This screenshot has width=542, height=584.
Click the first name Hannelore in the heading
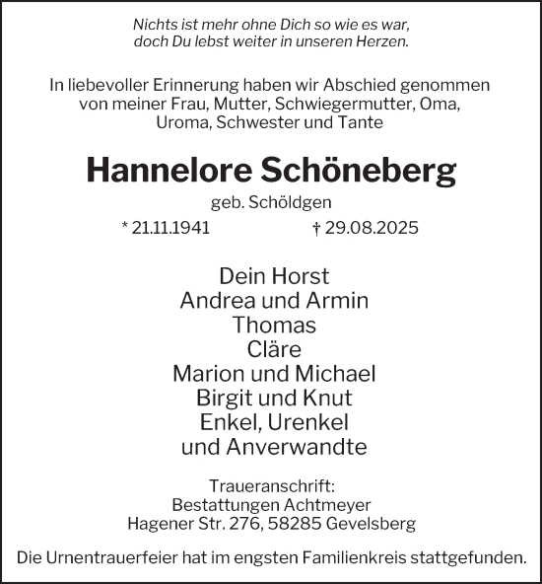pyautogui.click(x=167, y=171)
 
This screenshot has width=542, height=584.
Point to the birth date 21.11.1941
pyautogui.click(x=170, y=228)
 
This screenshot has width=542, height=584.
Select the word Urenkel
pyautogui.click(x=306, y=423)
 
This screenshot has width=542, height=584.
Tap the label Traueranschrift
pyautogui.click(x=270, y=486)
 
